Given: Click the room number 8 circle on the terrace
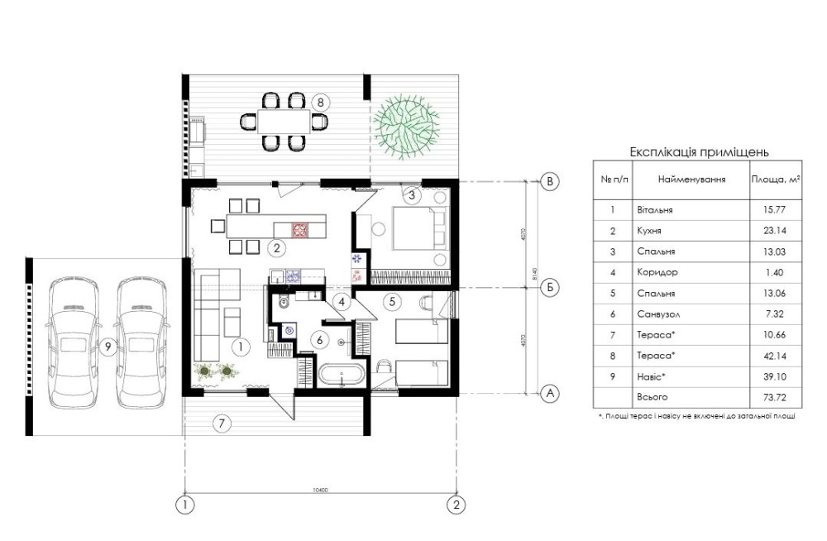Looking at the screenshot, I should click(322, 103).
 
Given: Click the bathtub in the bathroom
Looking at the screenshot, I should click(342, 376).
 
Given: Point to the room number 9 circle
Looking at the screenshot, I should click(108, 347).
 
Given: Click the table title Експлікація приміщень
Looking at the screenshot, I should click(700, 152).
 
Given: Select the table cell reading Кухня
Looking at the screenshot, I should click(649, 232).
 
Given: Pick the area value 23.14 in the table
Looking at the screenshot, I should click(769, 232).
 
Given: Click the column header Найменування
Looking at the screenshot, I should click(692, 179).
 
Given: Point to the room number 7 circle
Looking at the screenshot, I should click(220, 424).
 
